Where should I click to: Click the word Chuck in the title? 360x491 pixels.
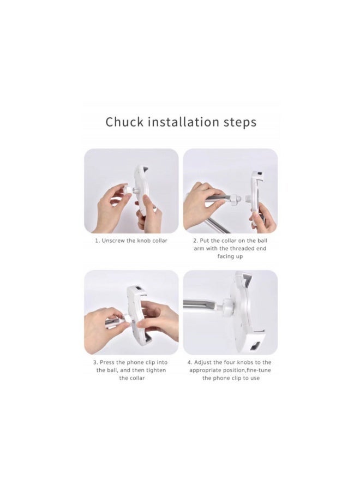pos(124,122)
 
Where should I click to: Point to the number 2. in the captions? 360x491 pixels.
pos(195,241)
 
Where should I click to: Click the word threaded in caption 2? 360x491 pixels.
pos(243,248)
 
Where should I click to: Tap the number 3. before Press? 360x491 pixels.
pos(95,362)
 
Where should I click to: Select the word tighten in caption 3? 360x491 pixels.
pos(156,370)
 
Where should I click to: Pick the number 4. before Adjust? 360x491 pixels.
pos(190,362)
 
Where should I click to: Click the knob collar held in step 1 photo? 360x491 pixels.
pos(128,190)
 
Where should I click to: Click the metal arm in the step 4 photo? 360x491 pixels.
pos(200,304)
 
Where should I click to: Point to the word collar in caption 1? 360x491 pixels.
pos(160,241)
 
